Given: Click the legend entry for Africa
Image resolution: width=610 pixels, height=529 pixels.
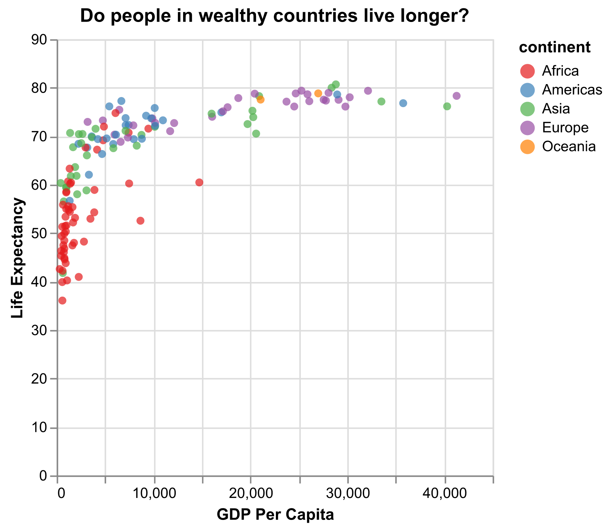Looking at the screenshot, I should pos(560,71).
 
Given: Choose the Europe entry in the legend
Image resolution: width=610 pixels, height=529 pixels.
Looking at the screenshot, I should pos(565,128).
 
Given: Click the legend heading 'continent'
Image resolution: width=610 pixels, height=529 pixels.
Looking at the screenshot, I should pos(555,48).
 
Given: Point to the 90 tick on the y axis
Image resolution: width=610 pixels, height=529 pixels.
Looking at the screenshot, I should pos(39,40).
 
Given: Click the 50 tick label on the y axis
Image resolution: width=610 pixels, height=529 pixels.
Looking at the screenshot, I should pos(39,234).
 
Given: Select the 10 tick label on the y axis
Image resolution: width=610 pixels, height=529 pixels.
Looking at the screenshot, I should pos(39,428).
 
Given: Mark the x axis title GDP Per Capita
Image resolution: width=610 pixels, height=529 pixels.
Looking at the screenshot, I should pos(275,515).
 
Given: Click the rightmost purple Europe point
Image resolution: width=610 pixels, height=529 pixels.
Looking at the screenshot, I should pos(457,96).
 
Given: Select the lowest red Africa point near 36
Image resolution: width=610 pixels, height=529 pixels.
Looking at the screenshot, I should pos(62,300).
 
